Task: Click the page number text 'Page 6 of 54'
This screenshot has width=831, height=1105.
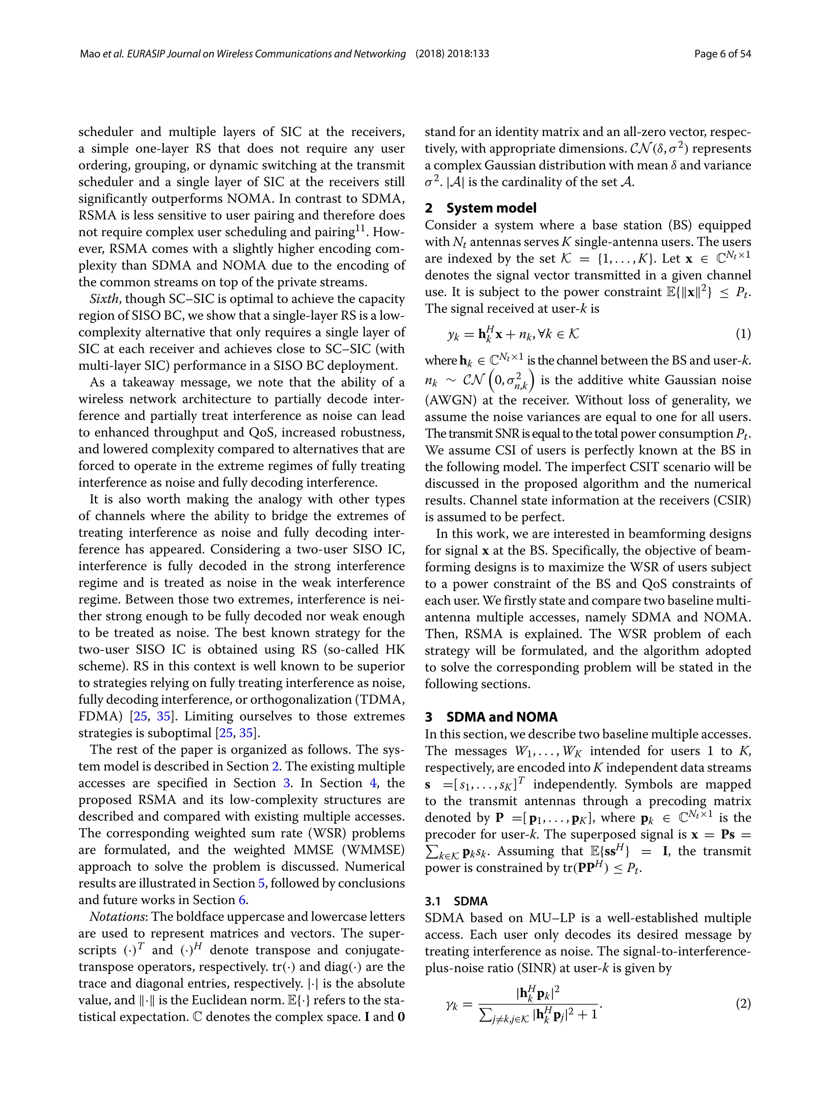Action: [x=722, y=54]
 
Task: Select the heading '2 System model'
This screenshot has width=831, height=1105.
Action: [x=480, y=208]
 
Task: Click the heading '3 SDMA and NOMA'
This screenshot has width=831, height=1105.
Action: [x=491, y=717]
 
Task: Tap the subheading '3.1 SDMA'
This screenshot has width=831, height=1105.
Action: [x=456, y=901]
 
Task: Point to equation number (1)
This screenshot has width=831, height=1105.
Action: [x=743, y=334]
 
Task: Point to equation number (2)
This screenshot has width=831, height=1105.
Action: [x=743, y=1004]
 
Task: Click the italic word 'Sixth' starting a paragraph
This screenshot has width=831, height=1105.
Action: [x=105, y=299]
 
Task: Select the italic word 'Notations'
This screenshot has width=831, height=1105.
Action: [x=117, y=917]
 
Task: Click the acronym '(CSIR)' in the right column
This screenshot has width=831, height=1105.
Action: [x=732, y=500]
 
